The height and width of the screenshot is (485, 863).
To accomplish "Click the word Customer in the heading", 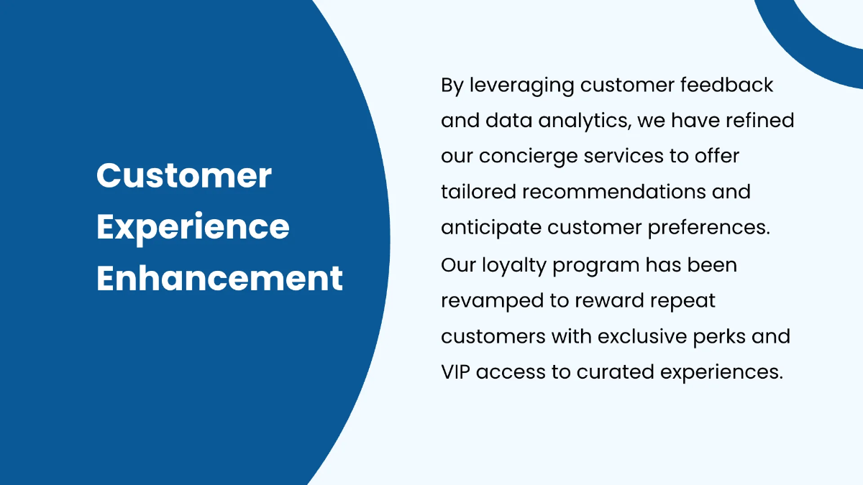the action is (184, 175).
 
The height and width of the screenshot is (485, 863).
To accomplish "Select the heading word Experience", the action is (193, 228).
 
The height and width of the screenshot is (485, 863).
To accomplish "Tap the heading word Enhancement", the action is (219, 278).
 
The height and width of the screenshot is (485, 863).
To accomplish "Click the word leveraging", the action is (522, 86).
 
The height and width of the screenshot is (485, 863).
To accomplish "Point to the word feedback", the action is (726, 85).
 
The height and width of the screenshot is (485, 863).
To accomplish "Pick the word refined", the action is (759, 120).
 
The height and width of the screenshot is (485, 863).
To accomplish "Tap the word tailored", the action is (478, 191).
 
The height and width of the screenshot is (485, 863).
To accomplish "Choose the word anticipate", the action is (491, 228).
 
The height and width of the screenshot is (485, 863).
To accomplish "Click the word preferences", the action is (708, 228).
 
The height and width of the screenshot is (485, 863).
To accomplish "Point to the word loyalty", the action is (514, 266).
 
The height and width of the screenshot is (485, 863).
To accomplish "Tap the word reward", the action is (610, 300).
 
